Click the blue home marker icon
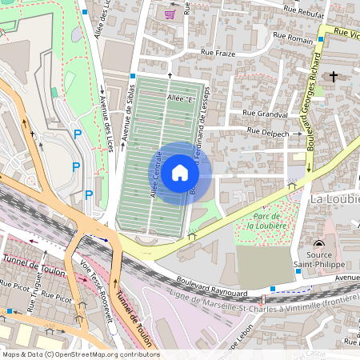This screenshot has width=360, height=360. pos(180,173)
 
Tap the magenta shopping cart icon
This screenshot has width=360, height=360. pos(170,14)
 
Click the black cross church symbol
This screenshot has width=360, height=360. pos(333,76)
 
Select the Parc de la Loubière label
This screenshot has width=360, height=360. pos(266,221)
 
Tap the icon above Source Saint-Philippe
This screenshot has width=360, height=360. pos(320,244)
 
